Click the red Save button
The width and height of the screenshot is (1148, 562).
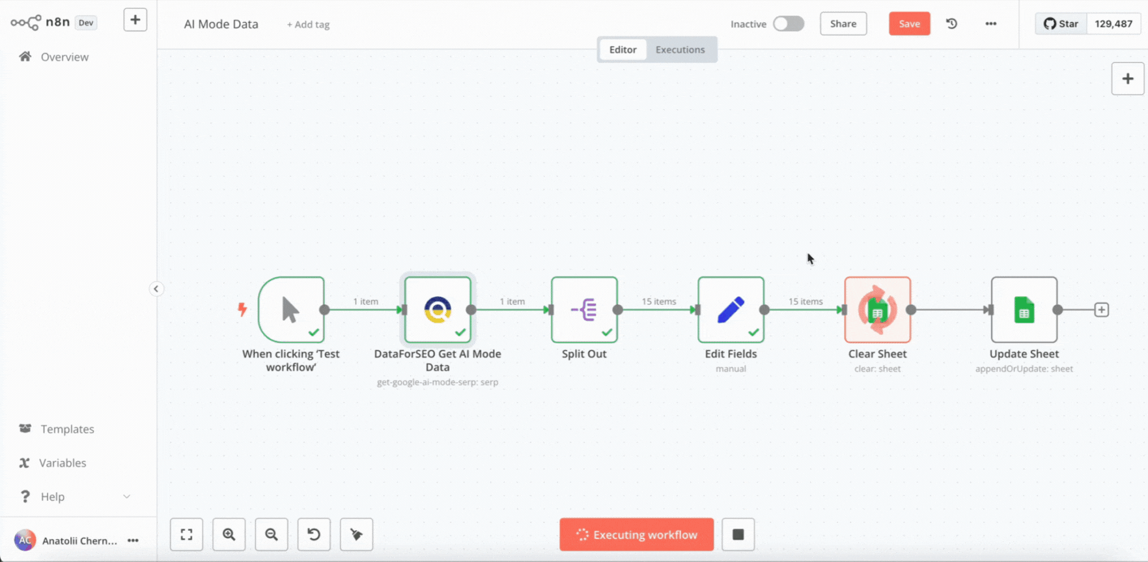[x=909, y=24]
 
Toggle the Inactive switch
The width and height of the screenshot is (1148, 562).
[x=789, y=24]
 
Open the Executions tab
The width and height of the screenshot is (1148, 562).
[x=680, y=49]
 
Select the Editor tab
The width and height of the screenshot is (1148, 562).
[x=623, y=49]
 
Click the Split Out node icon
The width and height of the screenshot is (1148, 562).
[x=584, y=310]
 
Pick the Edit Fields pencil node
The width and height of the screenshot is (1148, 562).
[x=731, y=310]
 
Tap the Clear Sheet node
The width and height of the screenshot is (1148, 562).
[x=877, y=310]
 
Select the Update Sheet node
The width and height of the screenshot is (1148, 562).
[x=1024, y=310]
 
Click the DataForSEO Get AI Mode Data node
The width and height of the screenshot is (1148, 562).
[x=438, y=310]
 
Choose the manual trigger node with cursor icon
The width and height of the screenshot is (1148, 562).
[x=291, y=310]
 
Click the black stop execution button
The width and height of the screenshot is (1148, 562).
[x=738, y=535]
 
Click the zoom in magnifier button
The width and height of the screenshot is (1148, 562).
[x=229, y=535]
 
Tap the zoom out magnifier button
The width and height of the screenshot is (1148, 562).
[x=272, y=535]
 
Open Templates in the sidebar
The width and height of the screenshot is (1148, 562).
[x=67, y=429]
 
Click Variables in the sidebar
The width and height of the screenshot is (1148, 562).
[x=63, y=462]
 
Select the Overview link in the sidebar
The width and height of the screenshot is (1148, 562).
[x=64, y=57]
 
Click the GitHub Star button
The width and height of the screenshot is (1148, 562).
[x=1061, y=24]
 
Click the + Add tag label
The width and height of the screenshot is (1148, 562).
[x=308, y=25]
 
